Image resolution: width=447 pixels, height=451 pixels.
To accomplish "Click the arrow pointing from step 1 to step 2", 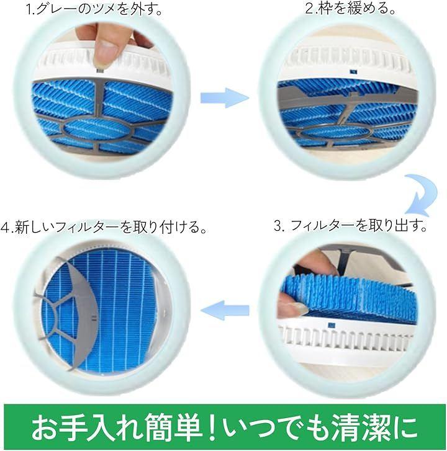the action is pos(225,98).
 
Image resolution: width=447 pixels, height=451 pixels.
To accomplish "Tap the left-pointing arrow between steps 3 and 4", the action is pos(225,310).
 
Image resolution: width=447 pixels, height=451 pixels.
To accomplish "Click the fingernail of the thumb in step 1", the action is pos(105,46).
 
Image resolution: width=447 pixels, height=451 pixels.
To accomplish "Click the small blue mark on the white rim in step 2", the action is pos(353,71).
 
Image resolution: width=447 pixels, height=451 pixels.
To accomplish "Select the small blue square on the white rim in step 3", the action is pos(332,325).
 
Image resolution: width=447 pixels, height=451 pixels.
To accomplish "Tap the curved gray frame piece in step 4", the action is pos(86,311).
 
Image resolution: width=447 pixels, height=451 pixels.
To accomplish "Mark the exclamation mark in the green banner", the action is pos(212,427).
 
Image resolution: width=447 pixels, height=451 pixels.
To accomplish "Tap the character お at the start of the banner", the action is pos(44,427).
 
